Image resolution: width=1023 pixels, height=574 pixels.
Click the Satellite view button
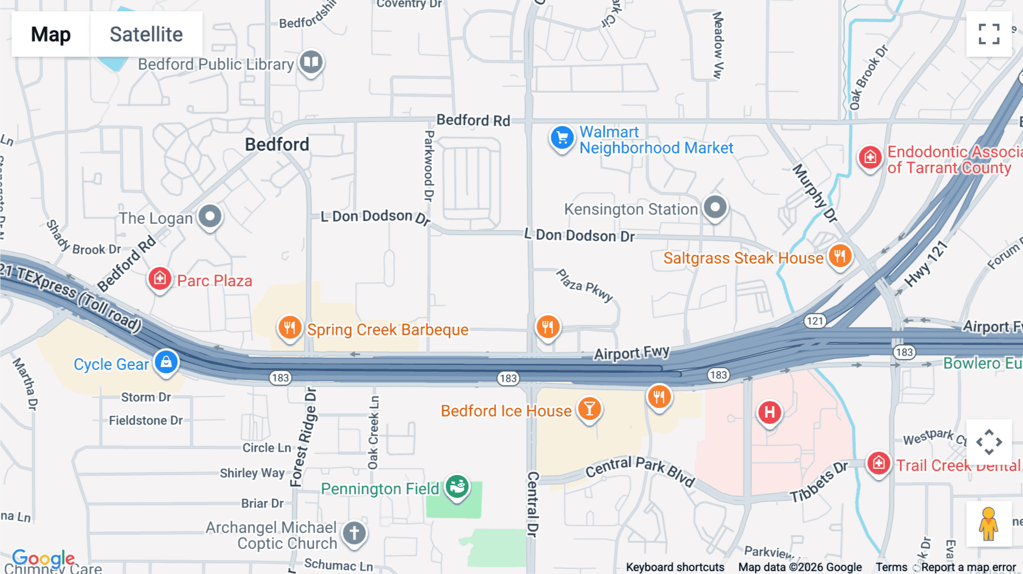[x=146, y=34]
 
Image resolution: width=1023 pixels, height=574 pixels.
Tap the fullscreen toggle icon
[x=989, y=34]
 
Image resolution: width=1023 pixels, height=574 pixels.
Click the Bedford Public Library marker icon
[x=311, y=62]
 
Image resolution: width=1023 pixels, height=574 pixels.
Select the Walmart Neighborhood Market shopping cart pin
[x=562, y=138]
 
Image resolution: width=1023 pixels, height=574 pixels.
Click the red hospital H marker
[x=769, y=413]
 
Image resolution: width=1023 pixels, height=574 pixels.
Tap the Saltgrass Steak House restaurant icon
[x=839, y=256]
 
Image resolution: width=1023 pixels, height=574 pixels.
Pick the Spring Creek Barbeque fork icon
[x=290, y=328]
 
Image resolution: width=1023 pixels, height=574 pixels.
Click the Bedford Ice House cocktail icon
[x=589, y=409]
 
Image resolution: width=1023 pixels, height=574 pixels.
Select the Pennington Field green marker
[x=457, y=487]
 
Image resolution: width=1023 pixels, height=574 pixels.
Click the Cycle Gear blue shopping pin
[x=166, y=362]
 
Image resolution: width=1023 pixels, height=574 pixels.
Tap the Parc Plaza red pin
[x=160, y=279]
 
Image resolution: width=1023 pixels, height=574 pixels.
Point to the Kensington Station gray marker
[x=715, y=207]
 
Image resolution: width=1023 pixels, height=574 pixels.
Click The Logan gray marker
[x=210, y=217]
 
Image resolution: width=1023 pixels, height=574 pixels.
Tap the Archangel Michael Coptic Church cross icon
[x=354, y=534]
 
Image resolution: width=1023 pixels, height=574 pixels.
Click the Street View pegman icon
[x=988, y=523]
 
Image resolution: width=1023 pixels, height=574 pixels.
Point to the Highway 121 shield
[x=814, y=321]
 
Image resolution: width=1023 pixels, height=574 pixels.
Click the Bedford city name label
[x=277, y=144]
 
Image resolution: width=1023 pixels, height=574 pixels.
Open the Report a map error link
[x=968, y=567]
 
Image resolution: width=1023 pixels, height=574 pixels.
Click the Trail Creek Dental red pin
[x=879, y=464]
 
